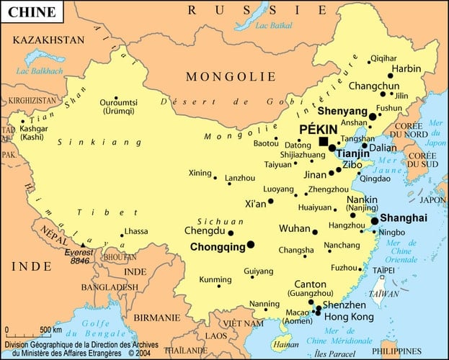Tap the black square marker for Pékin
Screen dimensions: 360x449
pos(324,142)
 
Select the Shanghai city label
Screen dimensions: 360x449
pos(404,217)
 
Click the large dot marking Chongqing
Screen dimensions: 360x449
pos(251,245)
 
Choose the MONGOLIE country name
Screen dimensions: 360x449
pos(231,76)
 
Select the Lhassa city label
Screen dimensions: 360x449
pos(135,232)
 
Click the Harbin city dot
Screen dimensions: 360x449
pos(390,75)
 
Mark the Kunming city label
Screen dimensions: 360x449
pos(195,279)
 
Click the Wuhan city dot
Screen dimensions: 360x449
pos(315,232)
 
